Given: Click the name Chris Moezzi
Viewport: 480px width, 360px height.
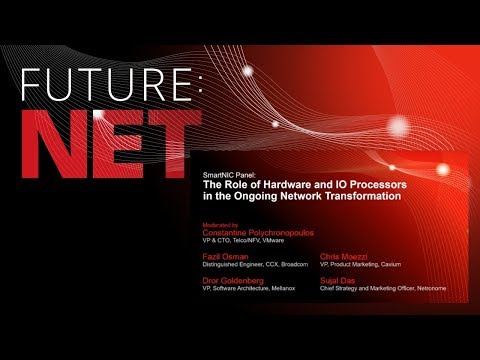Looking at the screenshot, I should [x=341, y=257].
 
